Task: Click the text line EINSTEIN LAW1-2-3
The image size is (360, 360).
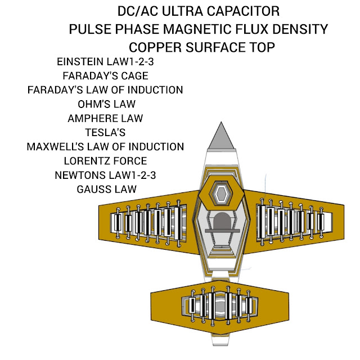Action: (x=105, y=61)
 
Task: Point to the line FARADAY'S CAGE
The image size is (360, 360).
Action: (x=105, y=75)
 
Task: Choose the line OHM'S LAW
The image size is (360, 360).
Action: (x=106, y=104)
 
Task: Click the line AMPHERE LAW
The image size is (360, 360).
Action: (x=105, y=118)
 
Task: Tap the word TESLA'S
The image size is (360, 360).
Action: (x=105, y=133)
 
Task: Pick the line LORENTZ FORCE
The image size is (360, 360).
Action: (x=105, y=161)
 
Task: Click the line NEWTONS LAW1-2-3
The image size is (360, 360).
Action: (x=105, y=175)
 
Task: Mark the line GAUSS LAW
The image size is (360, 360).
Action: (x=106, y=189)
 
